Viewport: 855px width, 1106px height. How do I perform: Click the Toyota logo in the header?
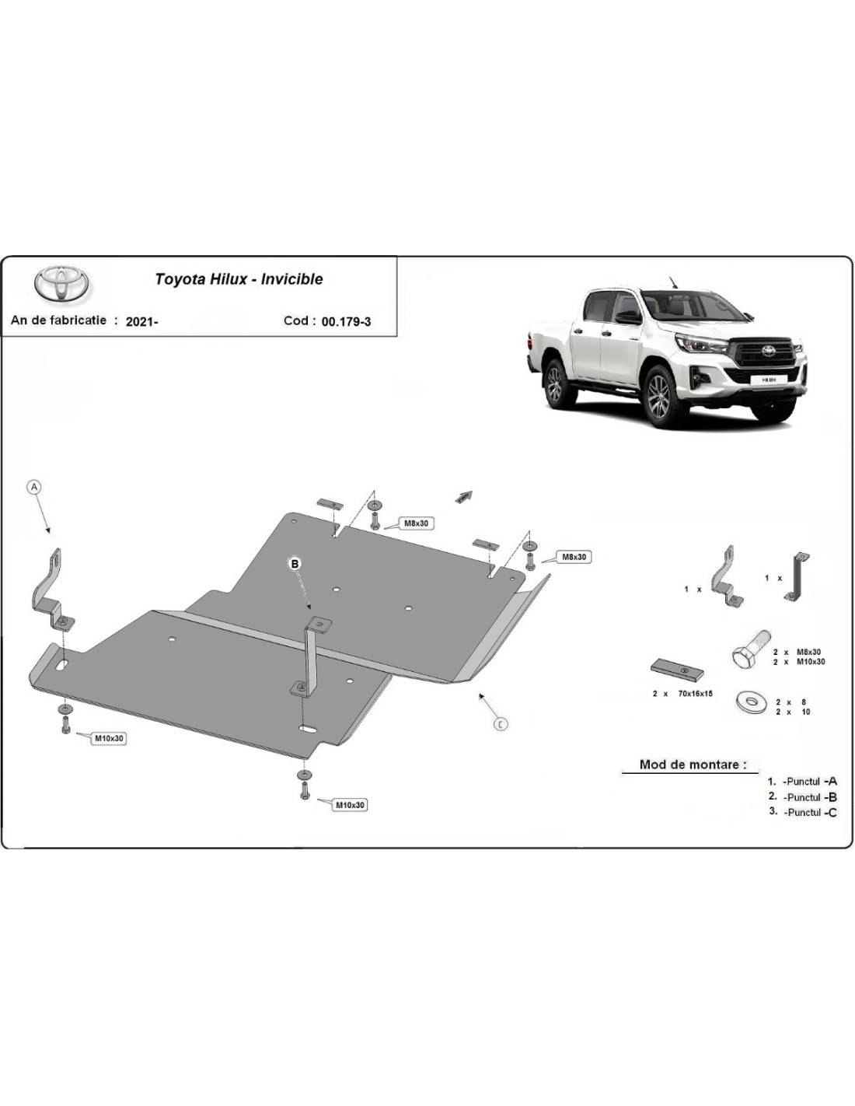point(61,283)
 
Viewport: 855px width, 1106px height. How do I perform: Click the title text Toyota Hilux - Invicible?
point(239,279)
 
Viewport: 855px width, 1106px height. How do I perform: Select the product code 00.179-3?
point(346,322)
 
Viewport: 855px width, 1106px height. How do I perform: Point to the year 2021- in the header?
point(142,322)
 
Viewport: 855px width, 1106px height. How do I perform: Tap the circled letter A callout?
point(34,487)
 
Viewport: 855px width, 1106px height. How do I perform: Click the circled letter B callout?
point(295,563)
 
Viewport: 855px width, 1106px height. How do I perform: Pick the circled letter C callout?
point(501,724)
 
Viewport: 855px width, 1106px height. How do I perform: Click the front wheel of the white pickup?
point(661,393)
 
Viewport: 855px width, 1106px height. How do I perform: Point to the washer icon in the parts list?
point(751,702)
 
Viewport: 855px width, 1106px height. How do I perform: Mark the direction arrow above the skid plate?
point(464,497)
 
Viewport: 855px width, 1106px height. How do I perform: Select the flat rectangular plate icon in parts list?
point(677,670)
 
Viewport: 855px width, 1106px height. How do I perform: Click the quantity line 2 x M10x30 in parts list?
point(799,662)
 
